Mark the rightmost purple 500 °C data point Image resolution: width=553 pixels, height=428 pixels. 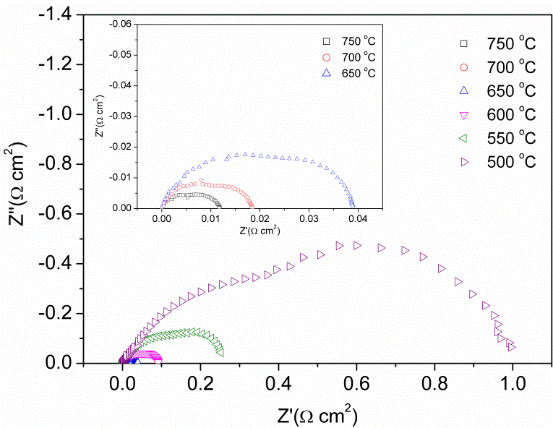coord(510,347)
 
